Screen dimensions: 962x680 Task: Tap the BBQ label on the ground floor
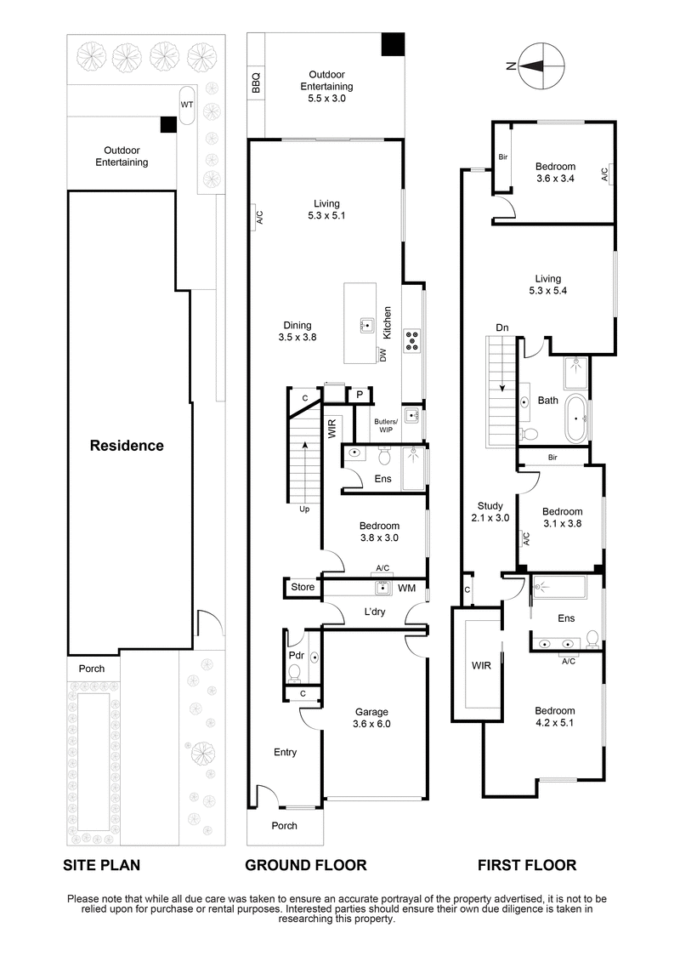click(255, 82)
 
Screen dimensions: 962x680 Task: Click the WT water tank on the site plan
click(187, 105)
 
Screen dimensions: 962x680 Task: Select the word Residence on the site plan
click(127, 445)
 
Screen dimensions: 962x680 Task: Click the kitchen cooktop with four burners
click(412, 340)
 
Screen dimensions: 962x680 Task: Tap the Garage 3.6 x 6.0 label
click(371, 718)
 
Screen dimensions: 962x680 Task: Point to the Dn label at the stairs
click(503, 327)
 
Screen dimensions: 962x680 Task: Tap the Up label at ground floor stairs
click(303, 509)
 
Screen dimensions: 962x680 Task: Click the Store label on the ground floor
click(303, 587)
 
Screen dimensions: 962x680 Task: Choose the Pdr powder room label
click(295, 656)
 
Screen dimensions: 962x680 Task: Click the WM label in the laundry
click(406, 588)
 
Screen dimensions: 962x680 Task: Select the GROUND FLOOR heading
click(305, 865)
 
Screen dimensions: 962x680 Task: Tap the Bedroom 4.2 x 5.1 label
click(554, 717)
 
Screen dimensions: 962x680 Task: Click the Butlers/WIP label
click(386, 425)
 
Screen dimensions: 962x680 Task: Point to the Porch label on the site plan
click(92, 669)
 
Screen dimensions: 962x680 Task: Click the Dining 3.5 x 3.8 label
click(297, 331)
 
